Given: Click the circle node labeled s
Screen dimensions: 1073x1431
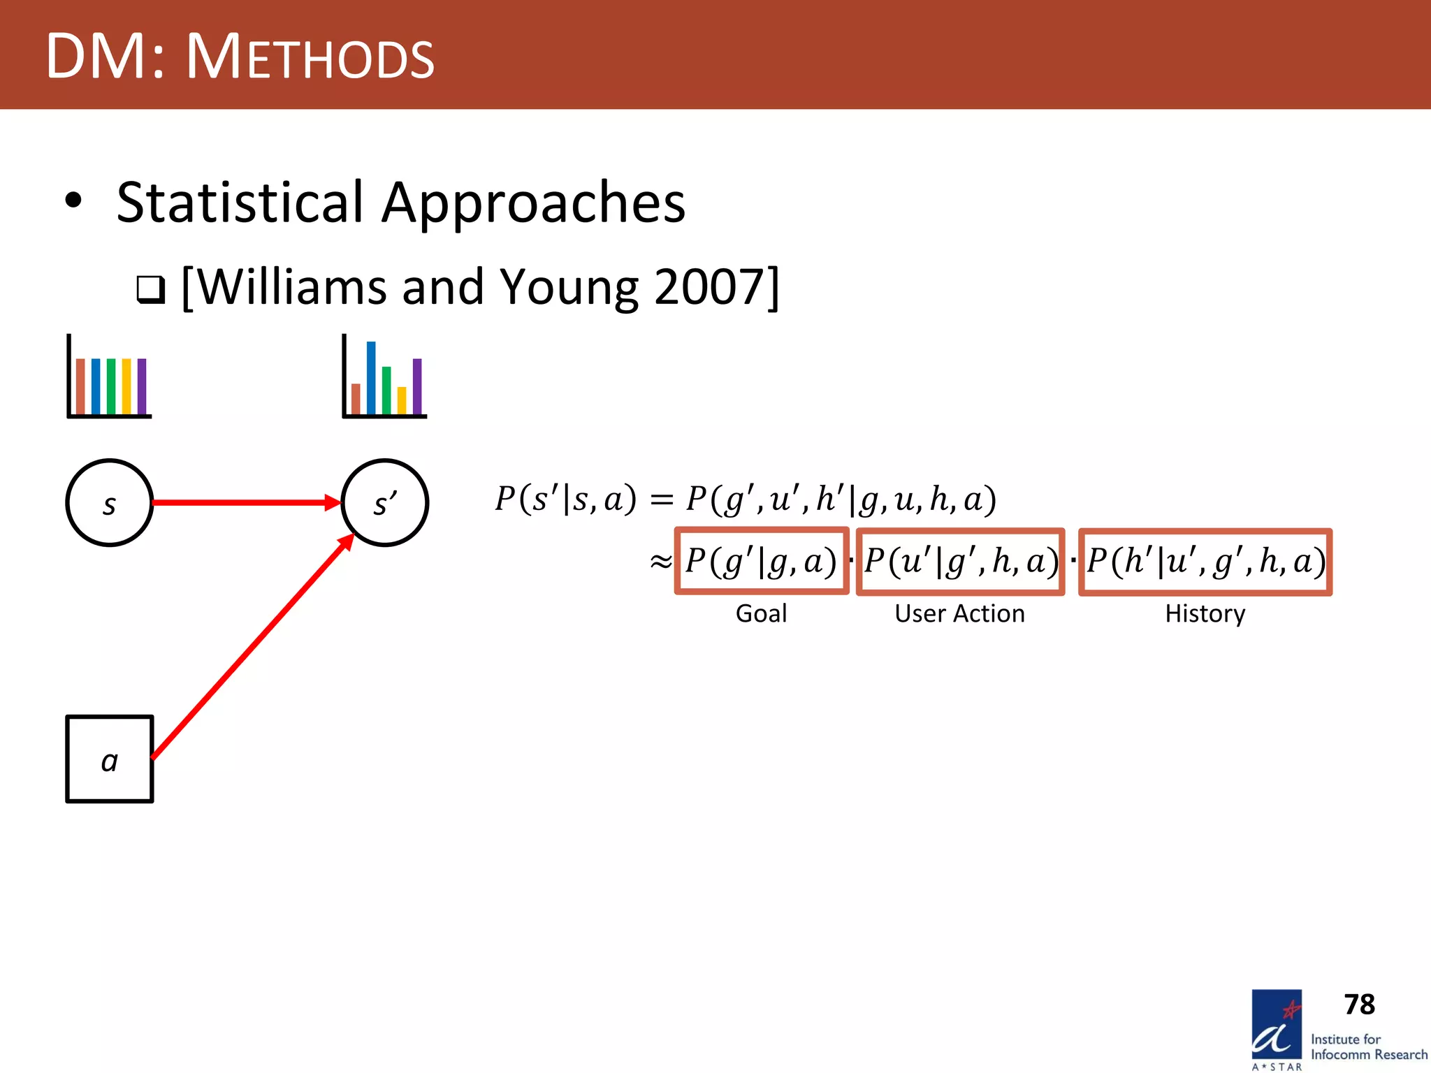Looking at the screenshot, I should (x=109, y=502).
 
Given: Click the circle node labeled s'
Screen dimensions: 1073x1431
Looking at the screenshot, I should (x=384, y=502).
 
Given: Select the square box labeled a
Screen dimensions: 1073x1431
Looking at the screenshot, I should (x=109, y=759).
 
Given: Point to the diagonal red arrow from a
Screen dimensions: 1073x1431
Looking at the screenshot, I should (x=252, y=646).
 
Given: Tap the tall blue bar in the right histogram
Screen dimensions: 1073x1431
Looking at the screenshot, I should (x=371, y=378).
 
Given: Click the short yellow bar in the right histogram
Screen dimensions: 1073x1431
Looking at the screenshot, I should (x=402, y=400).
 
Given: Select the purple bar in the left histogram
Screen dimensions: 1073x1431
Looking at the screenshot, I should (x=142, y=386).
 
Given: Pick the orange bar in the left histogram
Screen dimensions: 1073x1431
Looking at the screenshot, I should (x=80, y=386).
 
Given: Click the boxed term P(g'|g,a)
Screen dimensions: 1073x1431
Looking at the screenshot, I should (x=761, y=562).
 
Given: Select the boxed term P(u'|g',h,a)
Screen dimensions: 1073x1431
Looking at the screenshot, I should (x=960, y=562).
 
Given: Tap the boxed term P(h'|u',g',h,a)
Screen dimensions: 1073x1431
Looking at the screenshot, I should (x=1205, y=562).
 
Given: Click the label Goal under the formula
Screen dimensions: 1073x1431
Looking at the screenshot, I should (x=761, y=613).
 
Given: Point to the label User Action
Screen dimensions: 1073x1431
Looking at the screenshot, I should (x=959, y=613).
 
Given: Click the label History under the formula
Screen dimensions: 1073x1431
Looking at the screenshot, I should (x=1205, y=613).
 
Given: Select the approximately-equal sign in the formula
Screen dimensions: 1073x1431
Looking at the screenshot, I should (x=660, y=562).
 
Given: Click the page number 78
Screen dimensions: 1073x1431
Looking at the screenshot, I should (x=1359, y=1005).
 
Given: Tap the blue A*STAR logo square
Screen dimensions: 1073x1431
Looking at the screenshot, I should (x=1276, y=1024).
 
